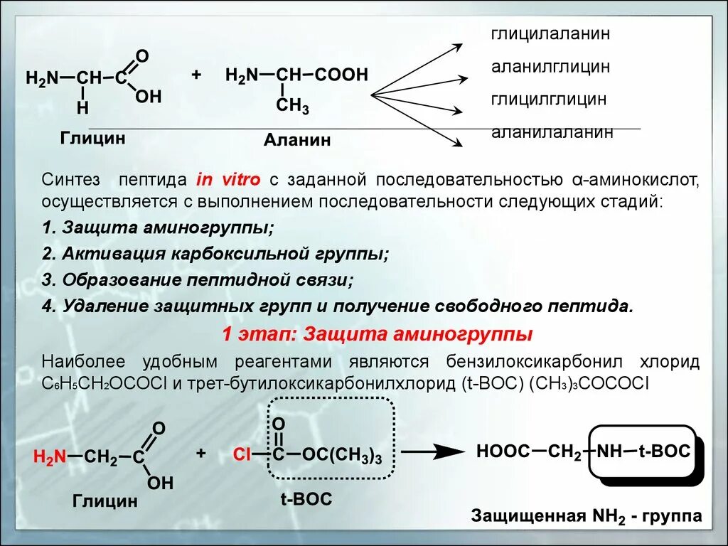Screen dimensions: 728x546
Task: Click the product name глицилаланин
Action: tap(551, 34)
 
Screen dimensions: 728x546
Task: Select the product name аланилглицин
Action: tap(550, 67)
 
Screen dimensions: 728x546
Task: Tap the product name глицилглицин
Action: tap(549, 99)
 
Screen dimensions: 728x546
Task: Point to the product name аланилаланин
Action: tap(552, 132)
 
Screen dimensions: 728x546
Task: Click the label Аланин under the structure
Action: tap(297, 140)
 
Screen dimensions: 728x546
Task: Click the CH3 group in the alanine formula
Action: tap(292, 107)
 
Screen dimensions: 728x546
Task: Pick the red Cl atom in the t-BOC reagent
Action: tap(242, 455)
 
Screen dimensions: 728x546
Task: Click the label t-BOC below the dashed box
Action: tap(306, 499)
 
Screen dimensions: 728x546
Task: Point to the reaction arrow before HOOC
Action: tap(428, 451)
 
